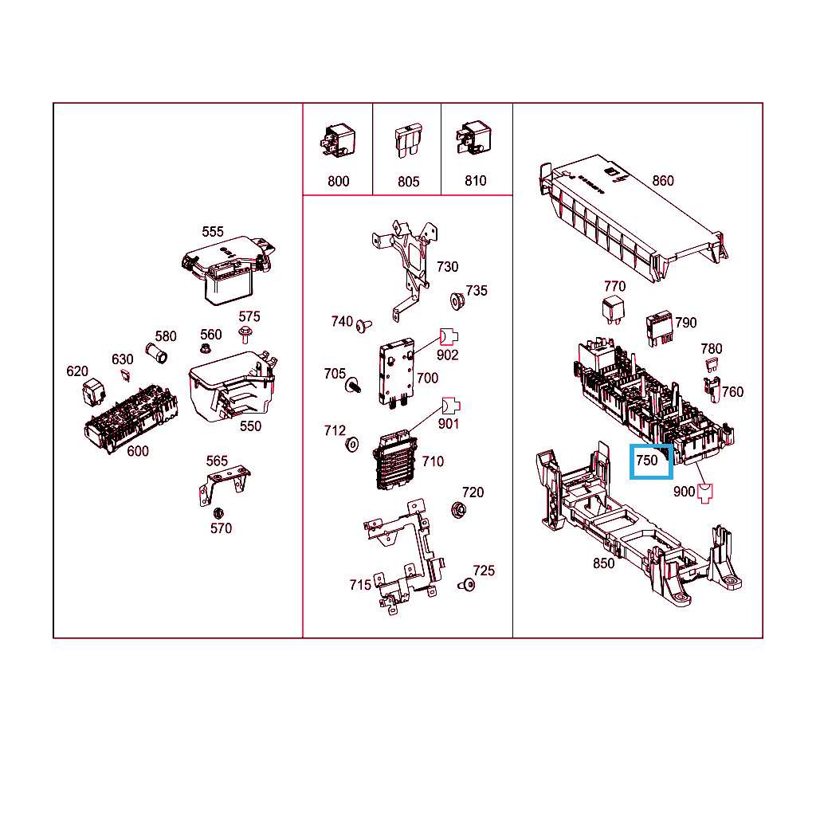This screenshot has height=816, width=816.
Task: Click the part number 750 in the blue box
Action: pos(647,461)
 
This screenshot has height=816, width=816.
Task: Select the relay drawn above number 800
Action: pos(338,140)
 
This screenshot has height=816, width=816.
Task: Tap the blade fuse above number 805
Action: pos(408,140)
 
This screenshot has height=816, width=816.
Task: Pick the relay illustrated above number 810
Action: pos(473,138)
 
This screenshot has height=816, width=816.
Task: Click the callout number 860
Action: pos(663,181)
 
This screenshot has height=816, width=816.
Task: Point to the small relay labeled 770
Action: pos(613,310)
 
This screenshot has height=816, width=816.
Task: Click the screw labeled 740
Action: pos(363,326)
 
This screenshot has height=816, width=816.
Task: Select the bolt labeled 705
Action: pos(352,386)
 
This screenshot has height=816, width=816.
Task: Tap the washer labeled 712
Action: pos(351,445)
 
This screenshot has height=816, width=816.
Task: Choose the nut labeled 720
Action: pos(458,510)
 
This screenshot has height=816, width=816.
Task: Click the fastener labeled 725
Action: pos(467,585)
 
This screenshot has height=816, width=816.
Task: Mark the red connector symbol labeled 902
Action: pos(449,337)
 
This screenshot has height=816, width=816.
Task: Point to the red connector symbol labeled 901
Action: pos(451,406)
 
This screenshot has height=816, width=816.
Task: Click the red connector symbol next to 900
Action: pos(705,493)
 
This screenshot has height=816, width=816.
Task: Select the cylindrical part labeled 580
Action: pos(156,353)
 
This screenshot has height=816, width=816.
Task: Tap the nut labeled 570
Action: pos(218,514)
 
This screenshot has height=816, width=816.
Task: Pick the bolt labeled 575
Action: pos(245,335)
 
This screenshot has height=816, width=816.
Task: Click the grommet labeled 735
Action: pos(457,300)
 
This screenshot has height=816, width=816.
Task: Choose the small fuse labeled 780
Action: pos(712,364)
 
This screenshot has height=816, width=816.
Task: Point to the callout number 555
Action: pos(213,232)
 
